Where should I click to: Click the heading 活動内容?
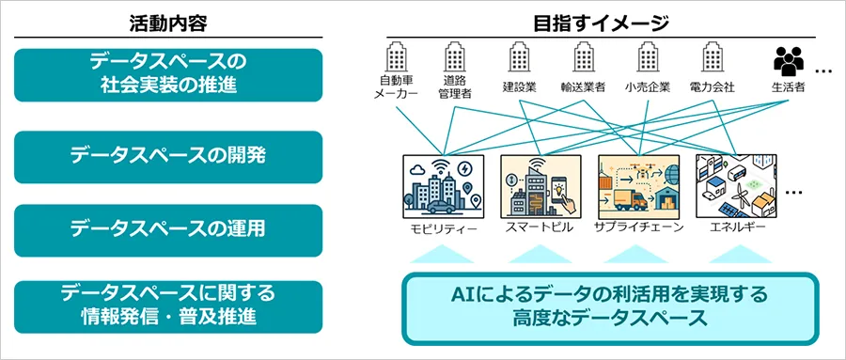coord(168,23)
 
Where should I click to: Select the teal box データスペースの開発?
coord(168,157)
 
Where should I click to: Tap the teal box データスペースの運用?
coord(168,230)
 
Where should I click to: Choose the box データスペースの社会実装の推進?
coord(168,75)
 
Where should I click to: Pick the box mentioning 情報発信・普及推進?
coord(168,306)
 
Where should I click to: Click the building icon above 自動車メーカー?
coord(396,56)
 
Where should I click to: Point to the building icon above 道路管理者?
coord(454,56)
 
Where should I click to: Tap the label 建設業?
coord(519,86)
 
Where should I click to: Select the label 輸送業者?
coord(583,86)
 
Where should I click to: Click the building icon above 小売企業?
coord(648,56)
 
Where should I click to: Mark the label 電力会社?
coord(712,86)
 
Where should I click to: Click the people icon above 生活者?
coord(789,61)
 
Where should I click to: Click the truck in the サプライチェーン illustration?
coord(630,201)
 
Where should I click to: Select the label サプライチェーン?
coord(639,227)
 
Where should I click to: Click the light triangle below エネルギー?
coord(740,254)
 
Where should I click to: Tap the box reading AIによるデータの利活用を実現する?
coord(610,308)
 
